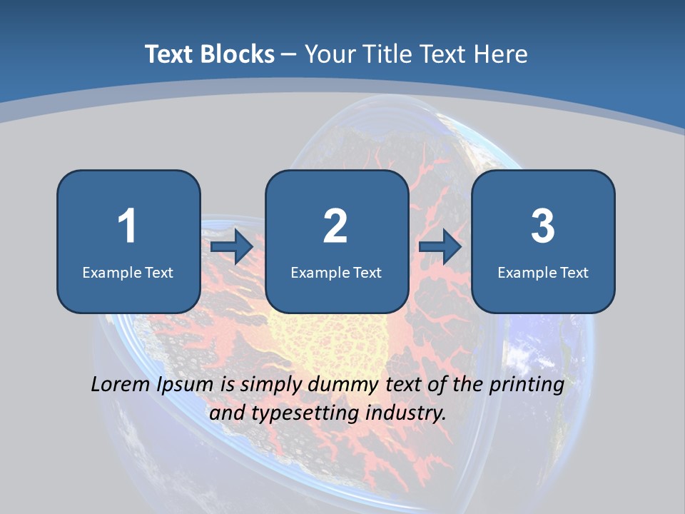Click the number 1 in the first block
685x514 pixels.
click(x=127, y=226)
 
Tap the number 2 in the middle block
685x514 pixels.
click(x=335, y=226)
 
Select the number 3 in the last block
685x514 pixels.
click(x=543, y=226)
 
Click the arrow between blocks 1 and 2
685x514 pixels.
click(x=232, y=246)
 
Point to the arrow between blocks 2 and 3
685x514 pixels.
click(x=440, y=246)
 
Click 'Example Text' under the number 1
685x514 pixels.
click(x=128, y=272)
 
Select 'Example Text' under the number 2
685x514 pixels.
click(x=336, y=272)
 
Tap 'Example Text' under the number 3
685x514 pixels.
click(x=543, y=272)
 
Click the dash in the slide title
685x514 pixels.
click(x=288, y=54)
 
